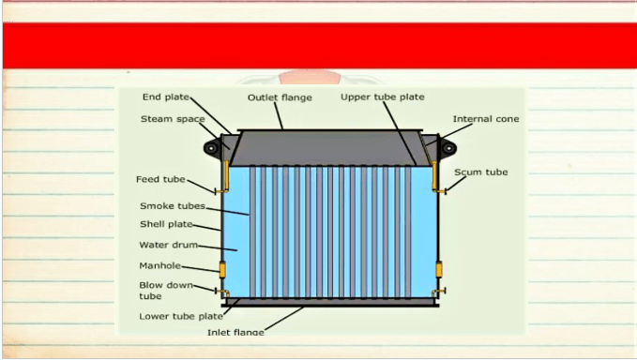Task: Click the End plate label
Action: [166, 97]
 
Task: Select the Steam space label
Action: [173, 119]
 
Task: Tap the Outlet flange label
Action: [280, 97]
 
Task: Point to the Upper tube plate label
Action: [383, 97]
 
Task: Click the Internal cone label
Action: [486, 119]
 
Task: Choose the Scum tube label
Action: [481, 172]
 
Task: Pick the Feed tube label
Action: [160, 179]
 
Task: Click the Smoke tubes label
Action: [173, 206]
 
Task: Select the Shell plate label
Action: [166, 224]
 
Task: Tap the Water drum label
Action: [169, 245]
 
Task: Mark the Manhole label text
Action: [160, 266]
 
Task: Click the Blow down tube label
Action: [166, 291]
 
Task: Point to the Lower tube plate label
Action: [181, 317]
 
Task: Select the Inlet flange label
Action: [235, 332]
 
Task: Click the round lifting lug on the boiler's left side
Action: [211, 148]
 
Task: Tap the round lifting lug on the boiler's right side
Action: [448, 148]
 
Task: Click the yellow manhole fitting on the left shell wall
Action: [222, 270]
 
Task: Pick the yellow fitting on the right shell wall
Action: [439, 269]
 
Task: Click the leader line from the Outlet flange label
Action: [279, 115]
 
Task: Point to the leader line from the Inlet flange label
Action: [283, 318]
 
